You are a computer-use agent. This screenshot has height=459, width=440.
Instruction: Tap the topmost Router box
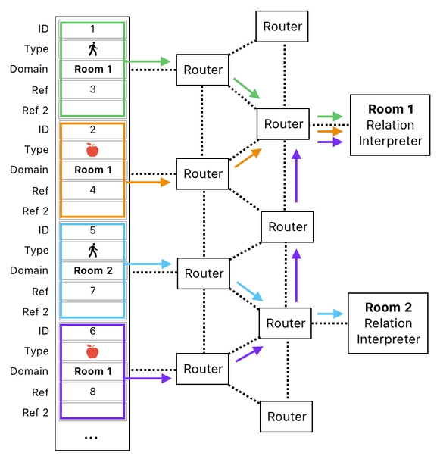[282, 27]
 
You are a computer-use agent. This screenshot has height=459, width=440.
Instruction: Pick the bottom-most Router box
[286, 417]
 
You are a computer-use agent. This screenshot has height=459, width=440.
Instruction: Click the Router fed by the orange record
[203, 174]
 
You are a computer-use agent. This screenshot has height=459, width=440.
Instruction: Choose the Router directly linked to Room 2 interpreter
[285, 323]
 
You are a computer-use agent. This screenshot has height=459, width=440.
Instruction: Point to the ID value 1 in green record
[92, 29]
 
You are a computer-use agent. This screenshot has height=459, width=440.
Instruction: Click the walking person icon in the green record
[92, 49]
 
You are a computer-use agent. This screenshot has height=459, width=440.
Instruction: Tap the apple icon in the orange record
[92, 150]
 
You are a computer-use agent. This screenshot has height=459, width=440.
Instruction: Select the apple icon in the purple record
[92, 351]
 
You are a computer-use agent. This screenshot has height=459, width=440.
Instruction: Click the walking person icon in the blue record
[92, 251]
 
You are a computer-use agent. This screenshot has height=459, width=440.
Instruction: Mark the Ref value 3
[92, 89]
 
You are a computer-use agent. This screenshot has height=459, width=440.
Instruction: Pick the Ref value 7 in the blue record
[92, 291]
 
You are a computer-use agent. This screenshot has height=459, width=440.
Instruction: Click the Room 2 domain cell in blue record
[92, 270]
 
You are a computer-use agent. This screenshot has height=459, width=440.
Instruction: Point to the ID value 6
[92, 331]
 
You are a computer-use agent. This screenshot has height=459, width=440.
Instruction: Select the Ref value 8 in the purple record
[92, 392]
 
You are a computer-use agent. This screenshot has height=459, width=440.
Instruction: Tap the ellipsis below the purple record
[90, 437]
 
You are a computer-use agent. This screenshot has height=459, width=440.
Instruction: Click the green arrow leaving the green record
[147, 61]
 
